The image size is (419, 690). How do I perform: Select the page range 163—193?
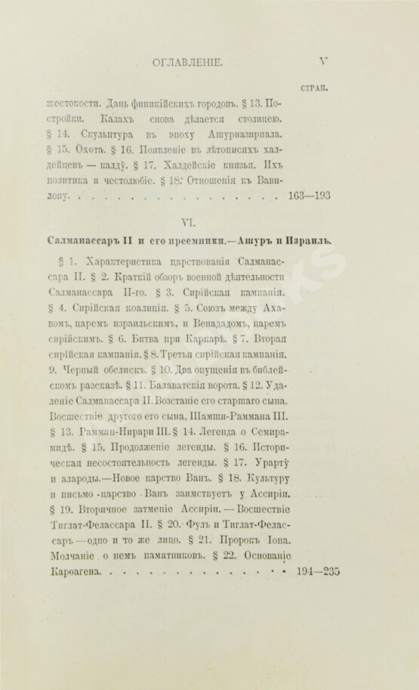click(310, 195)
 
